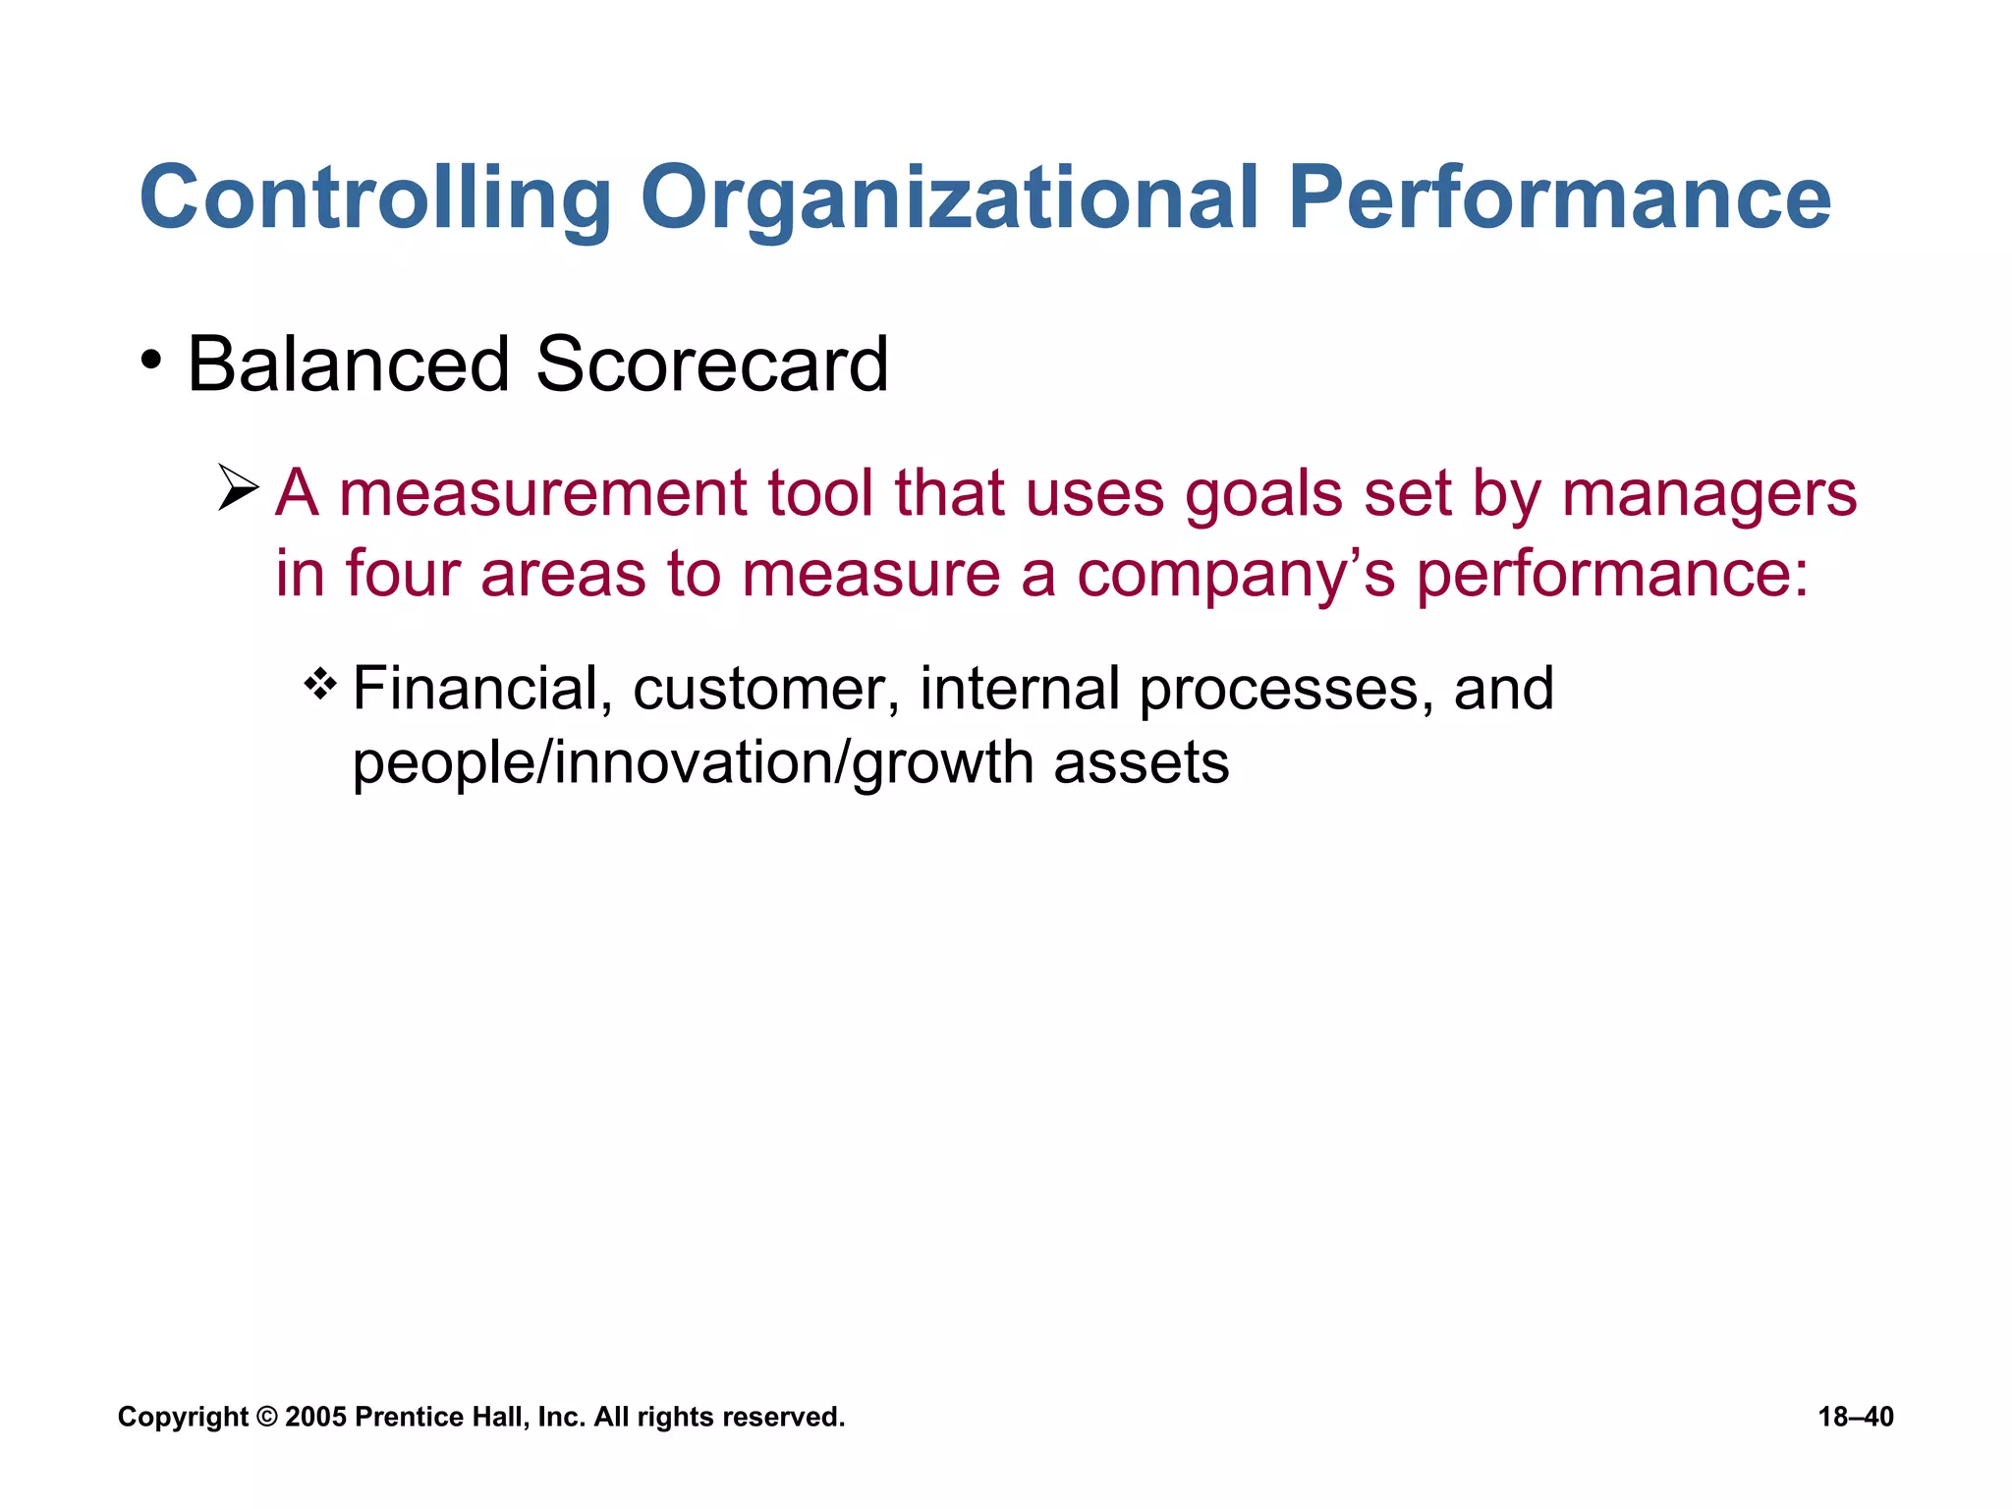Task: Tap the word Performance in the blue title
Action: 1558,198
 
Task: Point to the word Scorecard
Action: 711,364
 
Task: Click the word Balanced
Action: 348,364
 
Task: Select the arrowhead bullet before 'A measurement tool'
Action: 238,488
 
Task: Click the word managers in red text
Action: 1708,493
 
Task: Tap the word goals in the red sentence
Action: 1262,493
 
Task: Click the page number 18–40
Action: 1855,1417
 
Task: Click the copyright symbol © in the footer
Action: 267,1417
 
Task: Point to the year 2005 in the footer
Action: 314,1417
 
